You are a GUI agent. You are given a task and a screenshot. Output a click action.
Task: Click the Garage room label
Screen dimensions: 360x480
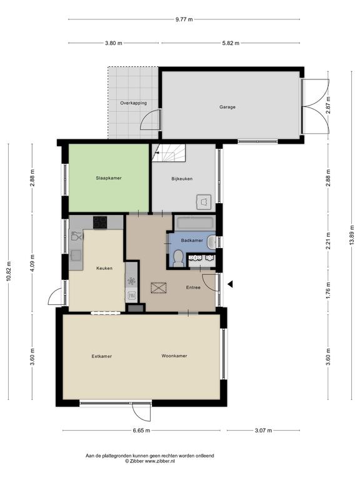[227, 107]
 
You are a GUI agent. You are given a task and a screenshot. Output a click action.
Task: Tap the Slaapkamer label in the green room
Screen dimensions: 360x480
[109, 178]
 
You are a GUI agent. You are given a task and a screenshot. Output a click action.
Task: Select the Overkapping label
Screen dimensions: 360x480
[133, 103]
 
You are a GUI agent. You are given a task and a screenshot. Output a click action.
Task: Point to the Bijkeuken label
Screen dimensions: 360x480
[182, 179]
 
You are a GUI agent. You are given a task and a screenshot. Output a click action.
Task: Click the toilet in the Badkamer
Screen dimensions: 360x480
[177, 258]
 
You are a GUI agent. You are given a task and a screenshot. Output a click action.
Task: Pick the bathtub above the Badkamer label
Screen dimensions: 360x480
[195, 222]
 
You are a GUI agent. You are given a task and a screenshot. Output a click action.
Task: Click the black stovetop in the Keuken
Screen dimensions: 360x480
[100, 222]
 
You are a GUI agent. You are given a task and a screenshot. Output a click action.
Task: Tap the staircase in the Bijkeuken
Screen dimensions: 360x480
[169, 153]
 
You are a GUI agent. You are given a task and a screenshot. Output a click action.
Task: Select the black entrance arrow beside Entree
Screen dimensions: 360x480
[230, 284]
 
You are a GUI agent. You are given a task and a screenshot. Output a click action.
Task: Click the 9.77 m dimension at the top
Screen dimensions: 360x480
[184, 19]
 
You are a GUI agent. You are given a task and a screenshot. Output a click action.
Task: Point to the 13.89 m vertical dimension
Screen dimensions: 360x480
[352, 235]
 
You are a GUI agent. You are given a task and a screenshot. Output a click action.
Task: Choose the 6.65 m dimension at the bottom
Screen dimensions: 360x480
[141, 431]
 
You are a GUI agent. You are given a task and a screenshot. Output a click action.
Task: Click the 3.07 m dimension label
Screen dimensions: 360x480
[263, 431]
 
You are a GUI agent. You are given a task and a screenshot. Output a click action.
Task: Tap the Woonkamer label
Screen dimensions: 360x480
[174, 356]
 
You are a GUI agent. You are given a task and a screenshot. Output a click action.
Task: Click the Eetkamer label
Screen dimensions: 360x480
[102, 356]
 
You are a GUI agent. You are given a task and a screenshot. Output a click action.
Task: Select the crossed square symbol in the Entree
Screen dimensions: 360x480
[159, 288]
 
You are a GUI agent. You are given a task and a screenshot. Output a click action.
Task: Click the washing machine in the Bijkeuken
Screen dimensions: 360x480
[204, 202]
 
